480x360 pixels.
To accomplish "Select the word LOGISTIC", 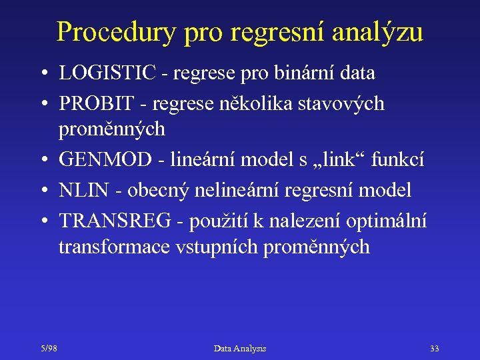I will [x=107, y=73].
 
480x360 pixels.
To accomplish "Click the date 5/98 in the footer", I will [x=47, y=349].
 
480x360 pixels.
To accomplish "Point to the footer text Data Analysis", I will [x=240, y=349].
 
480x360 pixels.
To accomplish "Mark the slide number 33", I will [x=435, y=349].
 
